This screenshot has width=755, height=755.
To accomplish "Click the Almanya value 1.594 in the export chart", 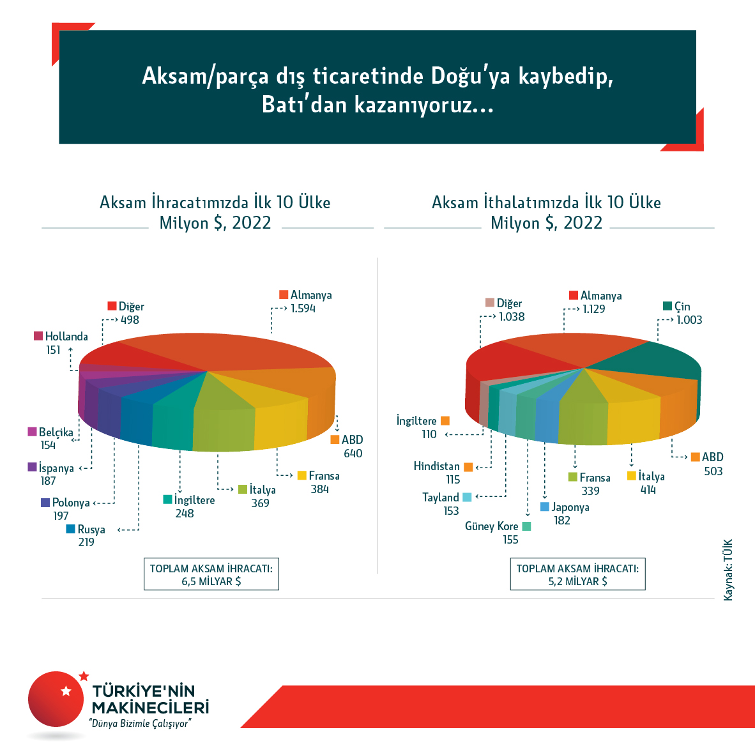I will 303,309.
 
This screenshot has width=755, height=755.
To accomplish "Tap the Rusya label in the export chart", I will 91,529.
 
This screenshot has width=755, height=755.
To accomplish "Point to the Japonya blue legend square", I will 545,507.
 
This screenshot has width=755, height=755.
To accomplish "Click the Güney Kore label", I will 491,526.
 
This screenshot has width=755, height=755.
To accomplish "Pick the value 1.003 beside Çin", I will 689,320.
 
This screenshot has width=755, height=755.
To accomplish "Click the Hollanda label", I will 66,337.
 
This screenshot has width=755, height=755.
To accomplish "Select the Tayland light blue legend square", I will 467,498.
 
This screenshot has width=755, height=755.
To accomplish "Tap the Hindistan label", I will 436,466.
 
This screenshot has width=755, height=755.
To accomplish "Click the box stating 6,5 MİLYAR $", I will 211,574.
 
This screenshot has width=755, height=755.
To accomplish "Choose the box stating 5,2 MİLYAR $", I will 577,574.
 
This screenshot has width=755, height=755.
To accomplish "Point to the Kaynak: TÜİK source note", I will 728,570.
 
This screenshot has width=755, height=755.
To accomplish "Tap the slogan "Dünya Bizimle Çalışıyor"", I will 141,724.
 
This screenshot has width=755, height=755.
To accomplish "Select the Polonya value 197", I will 61,515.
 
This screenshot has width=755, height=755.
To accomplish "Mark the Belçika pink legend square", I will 32,432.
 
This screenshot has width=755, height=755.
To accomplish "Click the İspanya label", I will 56,468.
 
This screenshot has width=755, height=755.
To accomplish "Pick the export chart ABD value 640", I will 353,454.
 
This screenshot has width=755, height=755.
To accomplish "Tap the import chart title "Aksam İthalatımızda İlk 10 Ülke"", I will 546,202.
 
